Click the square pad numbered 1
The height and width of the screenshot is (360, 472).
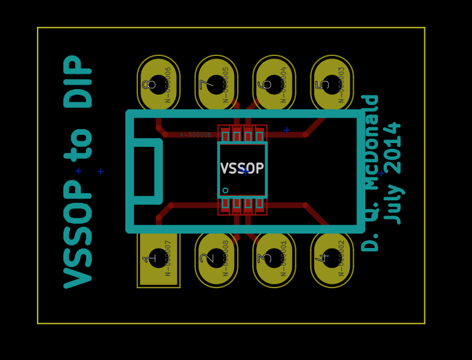tap(158, 258)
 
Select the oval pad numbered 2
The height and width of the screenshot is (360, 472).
tap(216, 258)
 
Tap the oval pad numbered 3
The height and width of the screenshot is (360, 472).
tap(274, 258)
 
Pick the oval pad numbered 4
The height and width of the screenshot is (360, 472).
tap(332, 258)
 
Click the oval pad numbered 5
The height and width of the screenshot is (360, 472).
tap(332, 85)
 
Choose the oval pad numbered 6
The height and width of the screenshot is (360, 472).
tap(274, 85)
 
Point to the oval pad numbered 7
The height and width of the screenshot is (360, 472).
tap(216, 85)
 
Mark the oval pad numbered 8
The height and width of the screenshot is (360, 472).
tap(158, 85)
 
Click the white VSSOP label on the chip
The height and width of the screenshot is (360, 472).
tap(242, 169)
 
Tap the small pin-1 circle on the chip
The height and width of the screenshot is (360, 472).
tap(225, 190)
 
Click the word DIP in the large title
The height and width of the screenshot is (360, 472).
tap(79, 81)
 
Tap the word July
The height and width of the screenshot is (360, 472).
tap(394, 204)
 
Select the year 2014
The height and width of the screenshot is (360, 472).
tap(394, 148)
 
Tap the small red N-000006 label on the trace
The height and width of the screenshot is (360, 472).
tap(195, 135)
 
